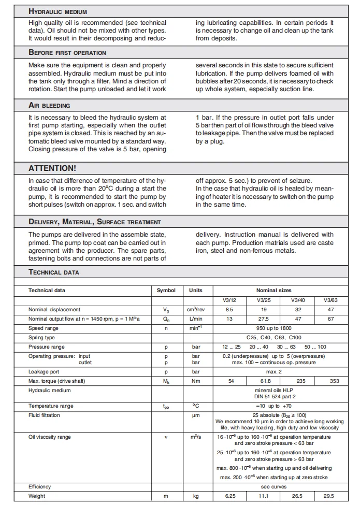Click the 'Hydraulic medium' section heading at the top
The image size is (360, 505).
(57, 11)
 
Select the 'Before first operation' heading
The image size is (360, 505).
(67, 53)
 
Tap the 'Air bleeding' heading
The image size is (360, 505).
(49, 105)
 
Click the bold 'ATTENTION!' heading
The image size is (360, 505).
(52, 168)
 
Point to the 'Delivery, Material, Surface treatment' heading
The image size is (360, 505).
(94, 222)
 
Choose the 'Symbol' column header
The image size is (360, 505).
(166, 291)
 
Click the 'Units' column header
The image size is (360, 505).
(196, 291)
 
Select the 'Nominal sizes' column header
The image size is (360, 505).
(273, 291)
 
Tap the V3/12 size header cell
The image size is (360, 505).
(230, 300)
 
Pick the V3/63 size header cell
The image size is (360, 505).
(330, 300)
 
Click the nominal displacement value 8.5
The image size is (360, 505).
(230, 309)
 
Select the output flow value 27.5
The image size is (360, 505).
(264, 319)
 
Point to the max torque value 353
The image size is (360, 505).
(335, 381)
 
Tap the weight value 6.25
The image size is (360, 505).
(230, 496)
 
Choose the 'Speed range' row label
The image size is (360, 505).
(44, 328)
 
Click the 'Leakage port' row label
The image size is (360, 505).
(44, 371)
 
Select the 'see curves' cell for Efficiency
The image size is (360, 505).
(273, 486)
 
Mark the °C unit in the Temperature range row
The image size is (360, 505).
(196, 406)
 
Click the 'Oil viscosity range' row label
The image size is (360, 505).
(50, 437)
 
